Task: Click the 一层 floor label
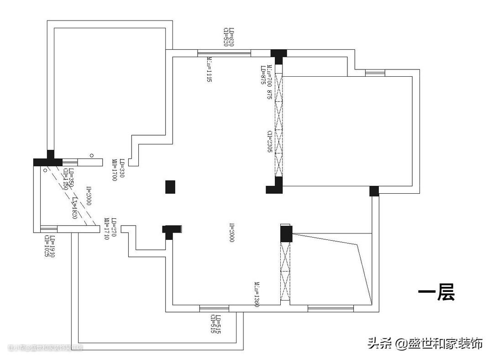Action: pyautogui.click(x=436, y=293)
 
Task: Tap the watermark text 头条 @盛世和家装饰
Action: pyautogui.click(x=425, y=344)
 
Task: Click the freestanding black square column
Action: pyautogui.click(x=170, y=186)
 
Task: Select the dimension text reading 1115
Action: pyautogui.click(x=209, y=69)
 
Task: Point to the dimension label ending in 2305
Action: pyautogui.click(x=270, y=141)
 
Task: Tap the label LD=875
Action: pyautogui.click(x=263, y=75)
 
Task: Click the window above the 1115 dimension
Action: pyautogui.click(x=224, y=53)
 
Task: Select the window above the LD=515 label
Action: pyautogui.click(x=214, y=309)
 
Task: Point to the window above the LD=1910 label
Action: pyautogui.click(x=48, y=229)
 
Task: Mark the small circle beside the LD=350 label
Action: pyautogui.click(x=45, y=170)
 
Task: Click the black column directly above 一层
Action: pyautogui.click(x=374, y=191)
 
